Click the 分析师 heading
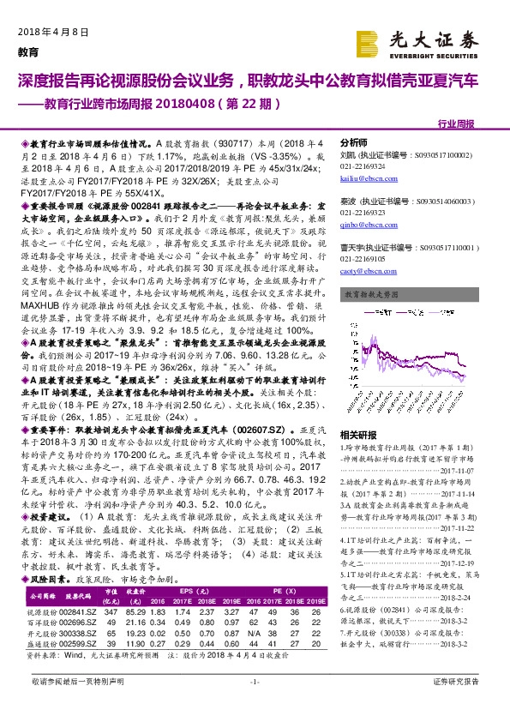(353, 142)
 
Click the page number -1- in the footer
(254, 705)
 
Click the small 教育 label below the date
(28, 51)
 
